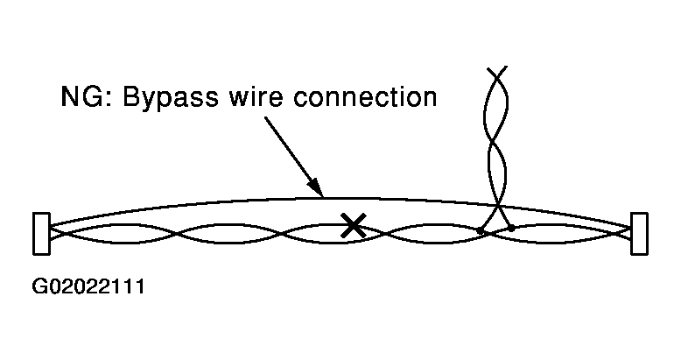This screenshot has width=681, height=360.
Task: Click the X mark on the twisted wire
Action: coord(353,226)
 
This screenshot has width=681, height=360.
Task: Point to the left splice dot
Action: coord(481,230)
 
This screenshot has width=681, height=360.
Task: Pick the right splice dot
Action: coord(511,228)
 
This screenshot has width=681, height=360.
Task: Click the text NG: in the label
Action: coord(83,96)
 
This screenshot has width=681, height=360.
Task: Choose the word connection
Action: coord(365,96)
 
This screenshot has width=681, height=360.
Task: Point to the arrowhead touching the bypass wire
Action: coord(317,187)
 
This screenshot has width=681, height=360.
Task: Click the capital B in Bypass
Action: coord(130,96)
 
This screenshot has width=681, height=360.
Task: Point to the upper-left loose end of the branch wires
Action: coord(486,67)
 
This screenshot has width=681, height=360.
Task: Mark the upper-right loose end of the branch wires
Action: coord(506,67)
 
